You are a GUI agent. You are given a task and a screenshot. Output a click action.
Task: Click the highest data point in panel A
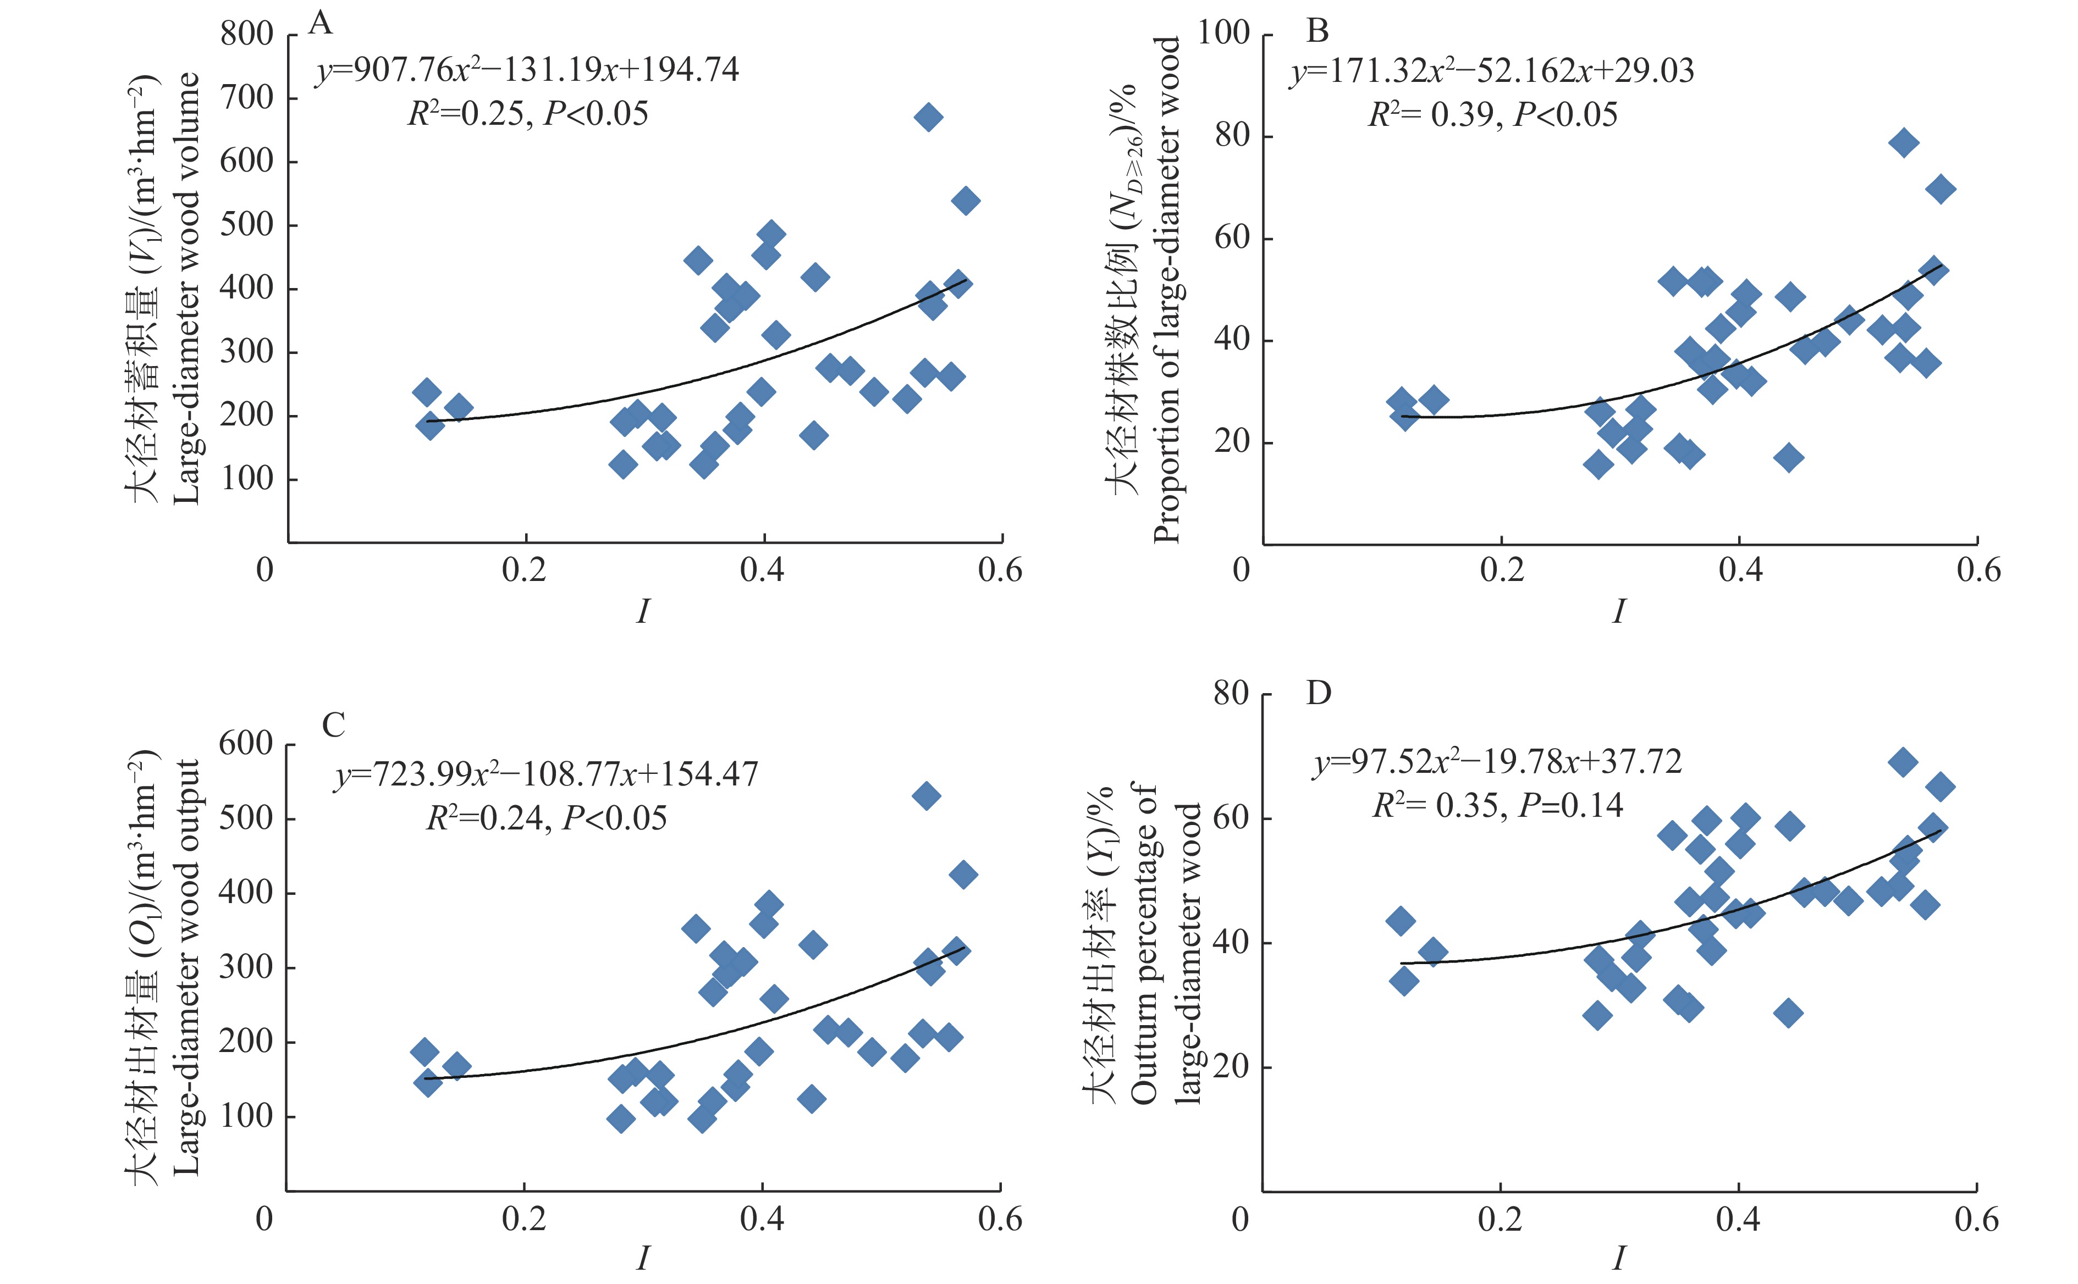pyautogui.click(x=929, y=117)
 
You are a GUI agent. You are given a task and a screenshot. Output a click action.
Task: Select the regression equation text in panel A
pyautogui.click(x=527, y=70)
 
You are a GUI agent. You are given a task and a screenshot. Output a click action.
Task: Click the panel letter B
pyautogui.click(x=1317, y=31)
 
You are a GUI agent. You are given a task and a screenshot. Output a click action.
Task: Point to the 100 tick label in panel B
pyautogui.click(x=1223, y=34)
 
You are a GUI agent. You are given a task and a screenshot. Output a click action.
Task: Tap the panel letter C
pyautogui.click(x=333, y=724)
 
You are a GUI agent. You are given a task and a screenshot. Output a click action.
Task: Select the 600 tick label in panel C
pyautogui.click(x=245, y=744)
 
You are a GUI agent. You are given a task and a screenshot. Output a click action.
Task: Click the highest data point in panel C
pyautogui.click(x=926, y=796)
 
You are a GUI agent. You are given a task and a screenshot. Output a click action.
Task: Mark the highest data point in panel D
pyautogui.click(x=1903, y=762)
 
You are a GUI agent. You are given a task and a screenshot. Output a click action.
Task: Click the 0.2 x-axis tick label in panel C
pyautogui.click(x=524, y=1219)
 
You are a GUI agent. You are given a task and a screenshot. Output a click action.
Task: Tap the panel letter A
pyautogui.click(x=320, y=23)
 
